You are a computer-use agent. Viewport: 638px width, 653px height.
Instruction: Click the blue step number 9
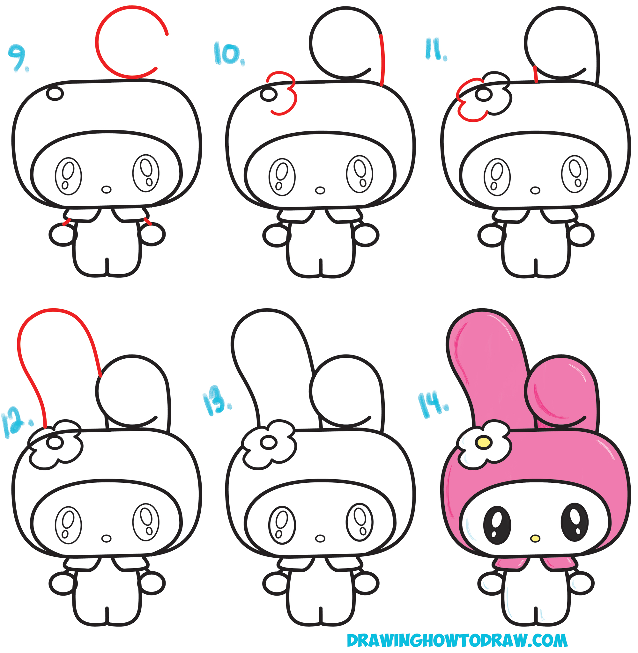(19, 58)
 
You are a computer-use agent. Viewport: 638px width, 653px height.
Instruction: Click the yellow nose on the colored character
(535, 539)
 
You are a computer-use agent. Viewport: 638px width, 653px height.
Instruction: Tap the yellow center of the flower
(484, 443)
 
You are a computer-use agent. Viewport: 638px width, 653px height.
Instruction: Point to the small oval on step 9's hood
(55, 93)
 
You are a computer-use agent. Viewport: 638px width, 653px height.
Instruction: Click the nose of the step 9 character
(106, 189)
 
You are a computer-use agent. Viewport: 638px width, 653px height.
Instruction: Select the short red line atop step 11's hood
(536, 74)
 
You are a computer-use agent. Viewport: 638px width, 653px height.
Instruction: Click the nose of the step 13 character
(320, 539)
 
